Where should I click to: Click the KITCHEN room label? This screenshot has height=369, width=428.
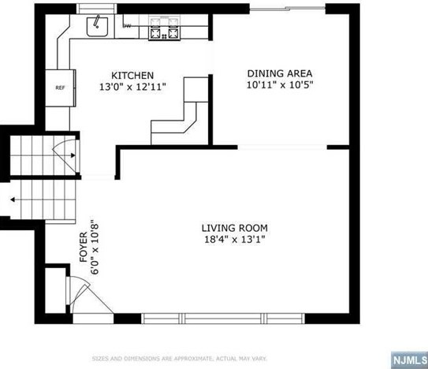tap(132, 76)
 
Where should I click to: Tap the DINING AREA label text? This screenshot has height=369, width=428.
tap(280, 73)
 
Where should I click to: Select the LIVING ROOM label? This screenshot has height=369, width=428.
tap(234, 228)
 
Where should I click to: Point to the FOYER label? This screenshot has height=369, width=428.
tap(84, 247)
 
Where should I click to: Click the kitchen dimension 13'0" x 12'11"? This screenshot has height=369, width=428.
tap(132, 88)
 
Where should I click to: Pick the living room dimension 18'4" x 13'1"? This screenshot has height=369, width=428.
tap(234, 240)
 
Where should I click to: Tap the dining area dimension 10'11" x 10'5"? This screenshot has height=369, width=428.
tap(280, 85)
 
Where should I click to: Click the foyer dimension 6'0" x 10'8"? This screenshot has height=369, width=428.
tap(95, 247)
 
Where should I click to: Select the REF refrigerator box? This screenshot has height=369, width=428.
tap(61, 88)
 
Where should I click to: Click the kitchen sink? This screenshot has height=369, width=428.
tap(97, 26)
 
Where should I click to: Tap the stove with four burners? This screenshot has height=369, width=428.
tap(164, 28)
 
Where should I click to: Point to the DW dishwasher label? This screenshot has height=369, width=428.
tap(127, 26)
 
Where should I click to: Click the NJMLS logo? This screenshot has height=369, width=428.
tap(409, 360)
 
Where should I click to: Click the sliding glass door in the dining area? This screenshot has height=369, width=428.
tap(288, 9)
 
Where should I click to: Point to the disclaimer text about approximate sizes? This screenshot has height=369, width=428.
tap(179, 359)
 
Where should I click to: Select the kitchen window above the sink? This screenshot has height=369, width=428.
tap(96, 9)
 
